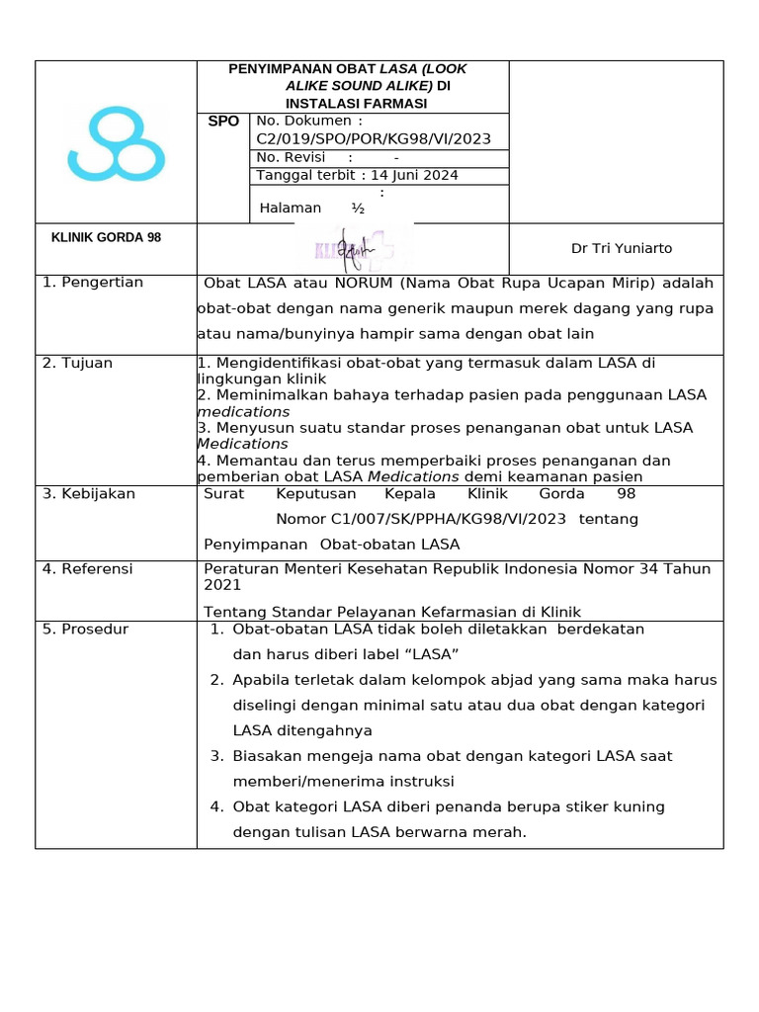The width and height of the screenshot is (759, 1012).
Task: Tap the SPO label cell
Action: (x=223, y=122)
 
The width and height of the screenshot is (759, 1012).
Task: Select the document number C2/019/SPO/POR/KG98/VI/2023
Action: (x=374, y=138)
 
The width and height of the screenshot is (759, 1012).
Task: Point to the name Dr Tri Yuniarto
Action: (x=622, y=248)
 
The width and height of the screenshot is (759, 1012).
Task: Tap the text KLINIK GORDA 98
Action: (x=106, y=238)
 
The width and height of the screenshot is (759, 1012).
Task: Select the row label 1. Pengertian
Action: (x=93, y=283)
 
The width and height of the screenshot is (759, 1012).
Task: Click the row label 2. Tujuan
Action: (x=77, y=363)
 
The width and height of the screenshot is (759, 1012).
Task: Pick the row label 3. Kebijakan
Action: (x=88, y=493)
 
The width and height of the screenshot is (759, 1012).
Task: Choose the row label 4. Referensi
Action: (x=87, y=569)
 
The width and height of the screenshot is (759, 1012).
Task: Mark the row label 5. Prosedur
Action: (x=85, y=629)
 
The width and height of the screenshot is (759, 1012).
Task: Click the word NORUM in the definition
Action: (x=364, y=284)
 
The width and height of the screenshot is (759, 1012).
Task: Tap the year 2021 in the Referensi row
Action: (x=222, y=585)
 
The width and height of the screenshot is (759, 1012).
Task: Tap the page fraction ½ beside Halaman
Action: (x=358, y=208)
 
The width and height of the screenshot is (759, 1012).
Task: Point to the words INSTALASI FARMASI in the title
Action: (x=357, y=103)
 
